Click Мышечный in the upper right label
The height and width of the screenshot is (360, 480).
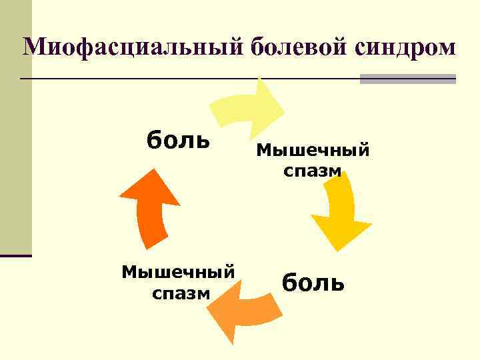313,149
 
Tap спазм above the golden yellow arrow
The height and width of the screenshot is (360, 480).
312,171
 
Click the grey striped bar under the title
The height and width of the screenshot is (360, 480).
407,79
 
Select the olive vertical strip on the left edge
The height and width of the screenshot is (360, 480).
15,127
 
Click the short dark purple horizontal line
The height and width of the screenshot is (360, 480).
15,255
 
